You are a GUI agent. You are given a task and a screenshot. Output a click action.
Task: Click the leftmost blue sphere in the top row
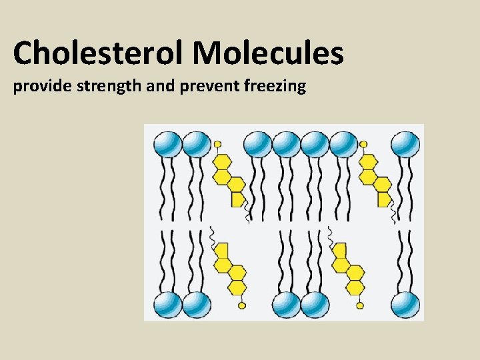point(167,144)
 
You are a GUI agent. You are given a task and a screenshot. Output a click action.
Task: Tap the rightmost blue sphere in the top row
point(405,144)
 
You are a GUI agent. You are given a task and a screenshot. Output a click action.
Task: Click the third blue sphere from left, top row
point(257,144)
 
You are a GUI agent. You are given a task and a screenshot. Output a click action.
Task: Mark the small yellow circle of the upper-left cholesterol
point(217,144)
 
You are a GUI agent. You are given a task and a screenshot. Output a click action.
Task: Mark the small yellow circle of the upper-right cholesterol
point(363,144)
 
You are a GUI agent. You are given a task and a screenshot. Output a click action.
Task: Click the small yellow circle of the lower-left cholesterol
point(242,305)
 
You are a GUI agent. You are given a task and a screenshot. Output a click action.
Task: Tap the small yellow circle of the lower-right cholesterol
point(360,305)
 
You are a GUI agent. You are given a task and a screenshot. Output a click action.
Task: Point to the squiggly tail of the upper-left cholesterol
point(246,212)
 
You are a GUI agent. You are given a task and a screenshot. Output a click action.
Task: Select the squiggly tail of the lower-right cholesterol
point(330,235)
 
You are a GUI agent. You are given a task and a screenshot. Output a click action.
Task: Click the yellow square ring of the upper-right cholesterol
point(384,199)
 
